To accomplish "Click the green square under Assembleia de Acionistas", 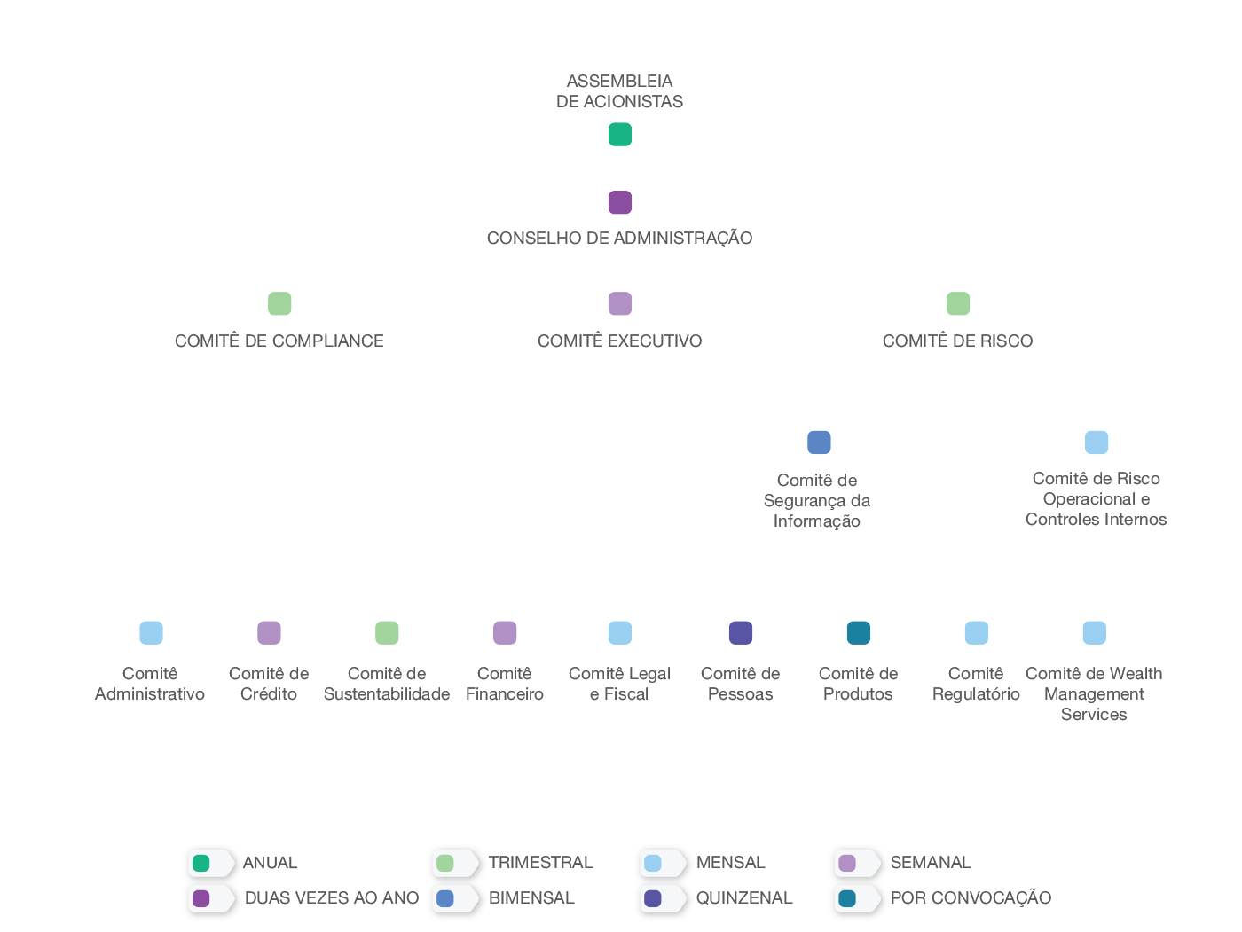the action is tap(619, 135).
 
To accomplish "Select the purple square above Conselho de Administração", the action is tap(619, 202).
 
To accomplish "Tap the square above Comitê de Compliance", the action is tap(279, 303).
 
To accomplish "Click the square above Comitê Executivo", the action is tap(619, 303).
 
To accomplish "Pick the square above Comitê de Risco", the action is tap(958, 303).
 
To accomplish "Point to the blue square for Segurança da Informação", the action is tap(819, 443).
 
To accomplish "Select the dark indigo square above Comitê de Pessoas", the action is tap(741, 633).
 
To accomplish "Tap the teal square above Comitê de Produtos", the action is tap(859, 633).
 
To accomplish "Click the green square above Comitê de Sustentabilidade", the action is tap(387, 633).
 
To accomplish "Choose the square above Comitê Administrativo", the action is tap(151, 633).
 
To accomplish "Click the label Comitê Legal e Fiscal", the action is tap(619, 684).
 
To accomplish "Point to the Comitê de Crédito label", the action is tap(269, 684).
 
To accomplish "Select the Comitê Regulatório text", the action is tap(976, 684).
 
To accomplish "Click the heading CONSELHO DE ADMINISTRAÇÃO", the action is tap(619, 238).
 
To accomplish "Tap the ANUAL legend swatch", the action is tap(200, 863).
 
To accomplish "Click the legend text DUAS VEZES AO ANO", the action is tap(332, 897).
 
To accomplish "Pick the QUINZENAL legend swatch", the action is tap(652, 898).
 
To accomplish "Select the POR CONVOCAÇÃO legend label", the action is tap(971, 897).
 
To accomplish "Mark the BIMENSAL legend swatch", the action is tap(444, 898).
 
